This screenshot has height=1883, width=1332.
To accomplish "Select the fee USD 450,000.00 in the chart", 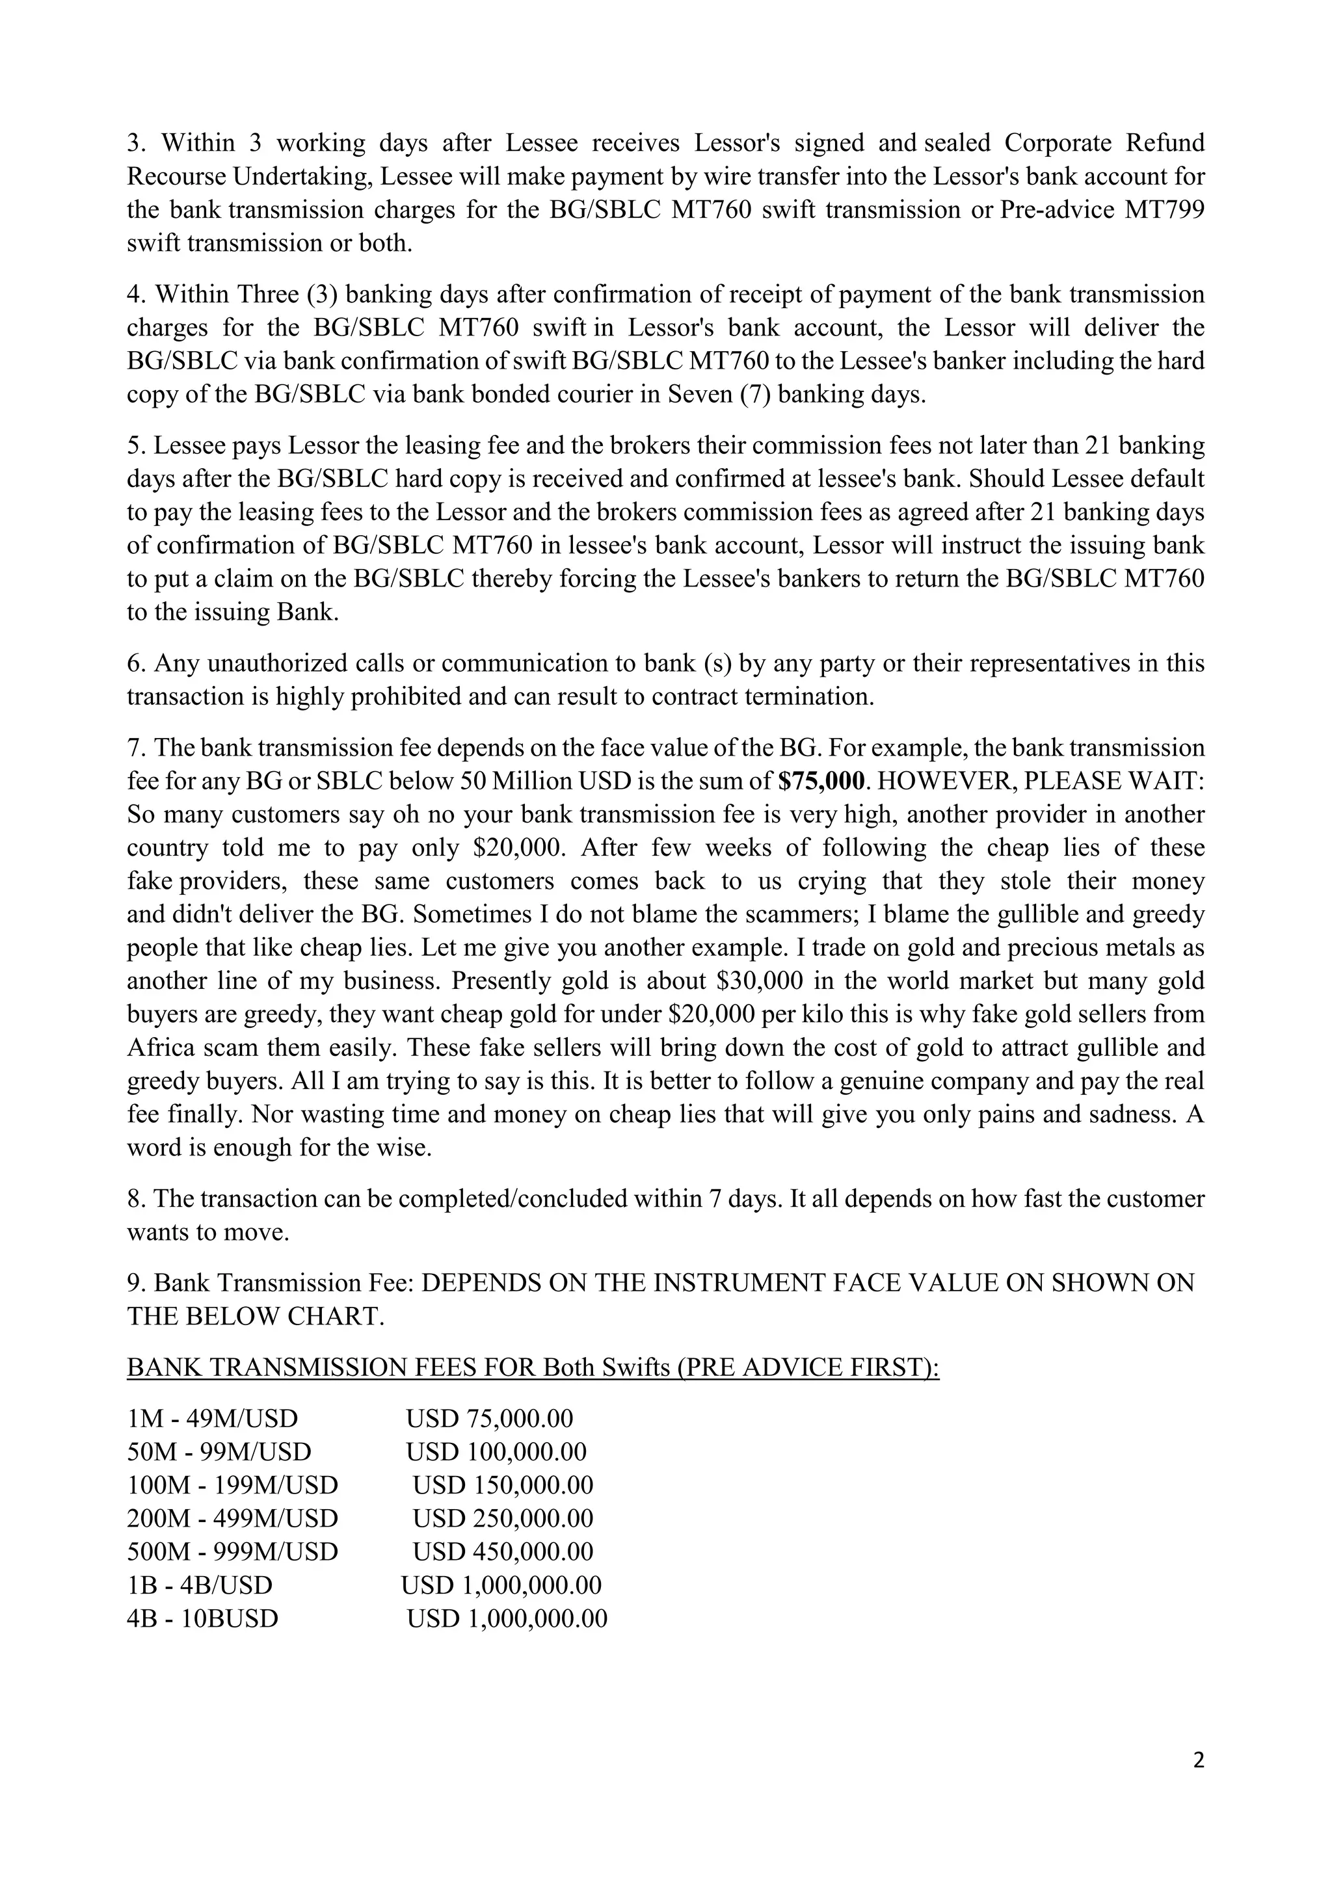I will click(x=502, y=1551).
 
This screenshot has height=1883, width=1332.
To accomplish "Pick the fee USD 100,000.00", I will click(x=496, y=1452).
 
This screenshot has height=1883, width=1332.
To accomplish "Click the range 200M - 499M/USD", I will click(x=232, y=1518).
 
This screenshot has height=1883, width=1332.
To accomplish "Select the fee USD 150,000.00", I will click(x=502, y=1485).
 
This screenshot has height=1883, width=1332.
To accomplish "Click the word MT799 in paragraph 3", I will click(x=1164, y=210).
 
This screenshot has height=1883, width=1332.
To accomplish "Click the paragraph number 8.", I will click(x=135, y=1199).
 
